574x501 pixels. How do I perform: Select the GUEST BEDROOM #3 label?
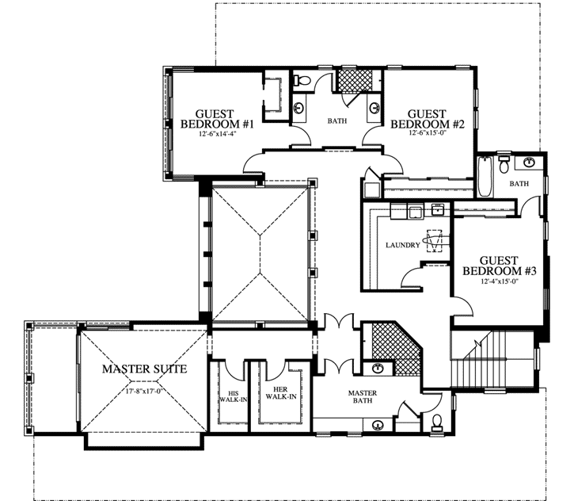[500, 266]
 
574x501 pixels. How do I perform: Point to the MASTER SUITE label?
[143, 369]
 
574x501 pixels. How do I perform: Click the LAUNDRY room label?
[402, 245]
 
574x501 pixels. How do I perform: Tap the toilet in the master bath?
[436, 422]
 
